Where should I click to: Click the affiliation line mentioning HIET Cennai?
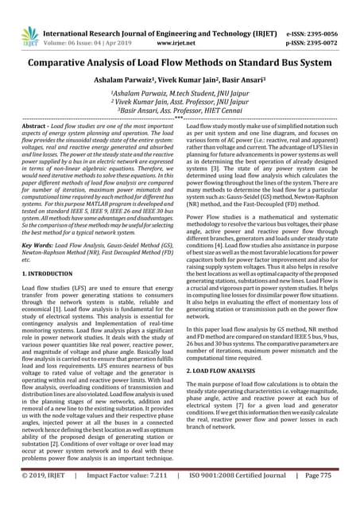coord(180,112)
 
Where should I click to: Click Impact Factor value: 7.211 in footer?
coord(135,496)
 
